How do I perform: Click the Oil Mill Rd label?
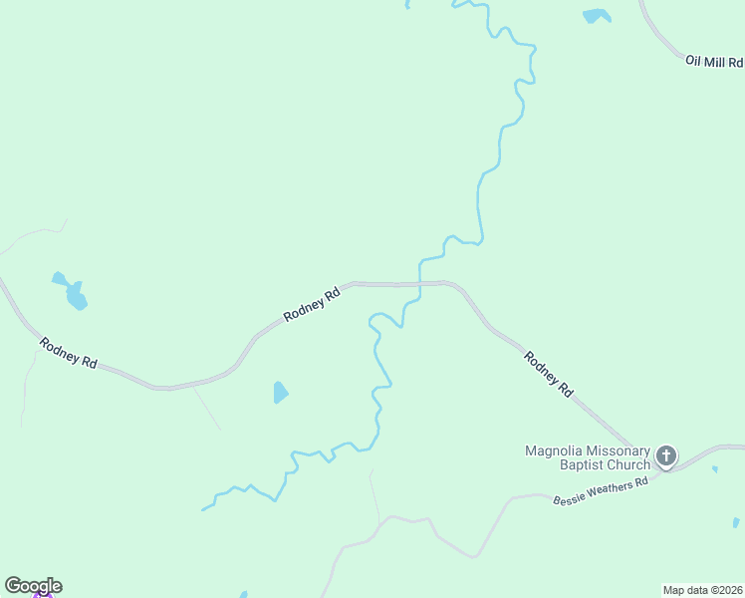click(x=714, y=62)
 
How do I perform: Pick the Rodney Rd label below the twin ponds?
click(x=68, y=353)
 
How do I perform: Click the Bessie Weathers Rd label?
click(x=601, y=489)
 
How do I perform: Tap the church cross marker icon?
click(x=666, y=456)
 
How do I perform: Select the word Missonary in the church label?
click(x=618, y=450)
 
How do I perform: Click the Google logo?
click(x=33, y=586)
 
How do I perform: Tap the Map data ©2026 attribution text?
click(x=703, y=590)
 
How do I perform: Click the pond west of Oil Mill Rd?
click(x=597, y=16)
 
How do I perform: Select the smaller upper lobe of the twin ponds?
click(x=60, y=278)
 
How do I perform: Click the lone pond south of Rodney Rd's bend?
click(x=281, y=393)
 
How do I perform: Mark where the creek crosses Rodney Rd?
click(x=420, y=284)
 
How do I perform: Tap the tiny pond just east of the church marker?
click(x=714, y=468)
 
